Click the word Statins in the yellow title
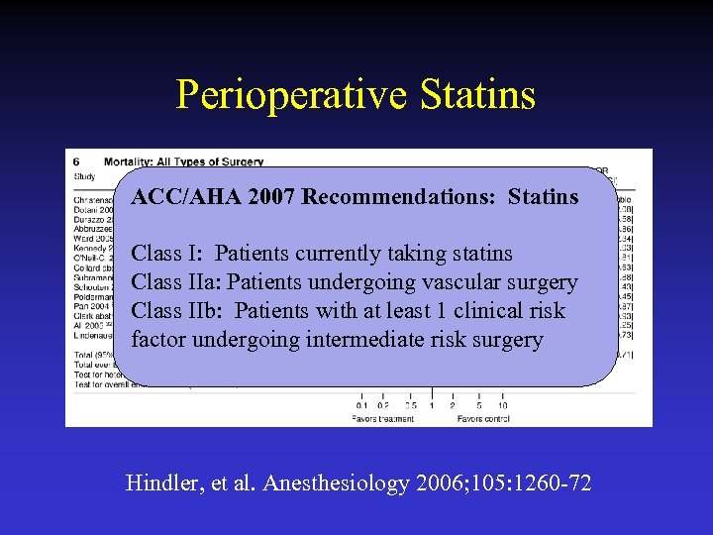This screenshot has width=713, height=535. click(477, 95)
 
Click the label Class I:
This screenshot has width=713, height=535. click(169, 254)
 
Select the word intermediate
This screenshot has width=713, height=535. click(359, 340)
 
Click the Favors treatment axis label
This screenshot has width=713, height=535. click(383, 419)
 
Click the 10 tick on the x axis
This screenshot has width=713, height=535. click(502, 405)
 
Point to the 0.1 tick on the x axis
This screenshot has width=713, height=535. click(362, 405)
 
